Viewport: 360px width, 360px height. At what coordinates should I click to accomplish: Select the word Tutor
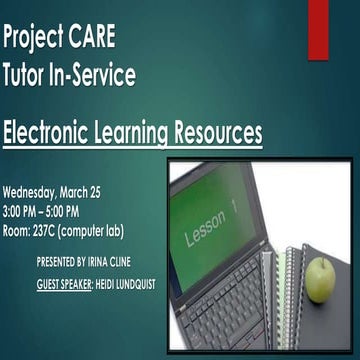point(27,75)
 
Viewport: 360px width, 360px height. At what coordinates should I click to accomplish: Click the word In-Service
point(95,75)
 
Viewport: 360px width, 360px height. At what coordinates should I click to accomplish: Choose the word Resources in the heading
point(219,131)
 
